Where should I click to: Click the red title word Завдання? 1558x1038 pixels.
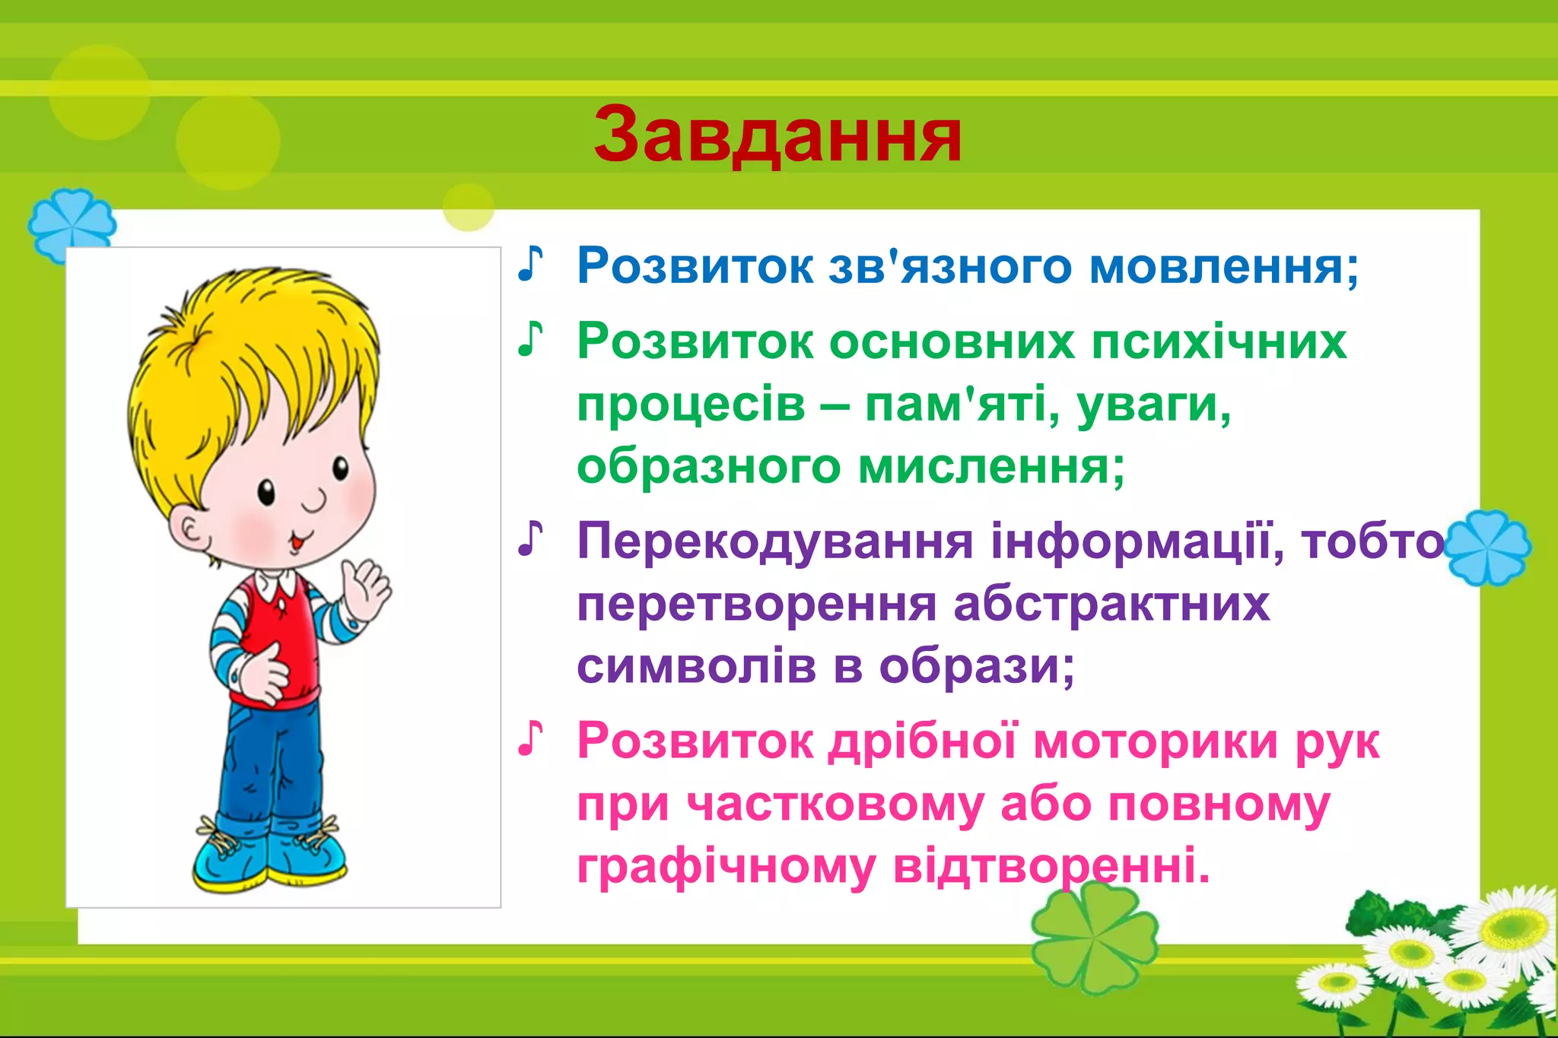(777, 135)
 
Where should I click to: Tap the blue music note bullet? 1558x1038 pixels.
(530, 264)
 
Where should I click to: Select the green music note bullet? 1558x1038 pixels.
(530, 339)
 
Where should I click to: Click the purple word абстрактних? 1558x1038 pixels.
(1111, 604)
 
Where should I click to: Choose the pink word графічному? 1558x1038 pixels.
(726, 867)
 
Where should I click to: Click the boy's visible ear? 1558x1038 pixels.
(190, 532)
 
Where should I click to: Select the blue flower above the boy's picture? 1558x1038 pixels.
(72, 224)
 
